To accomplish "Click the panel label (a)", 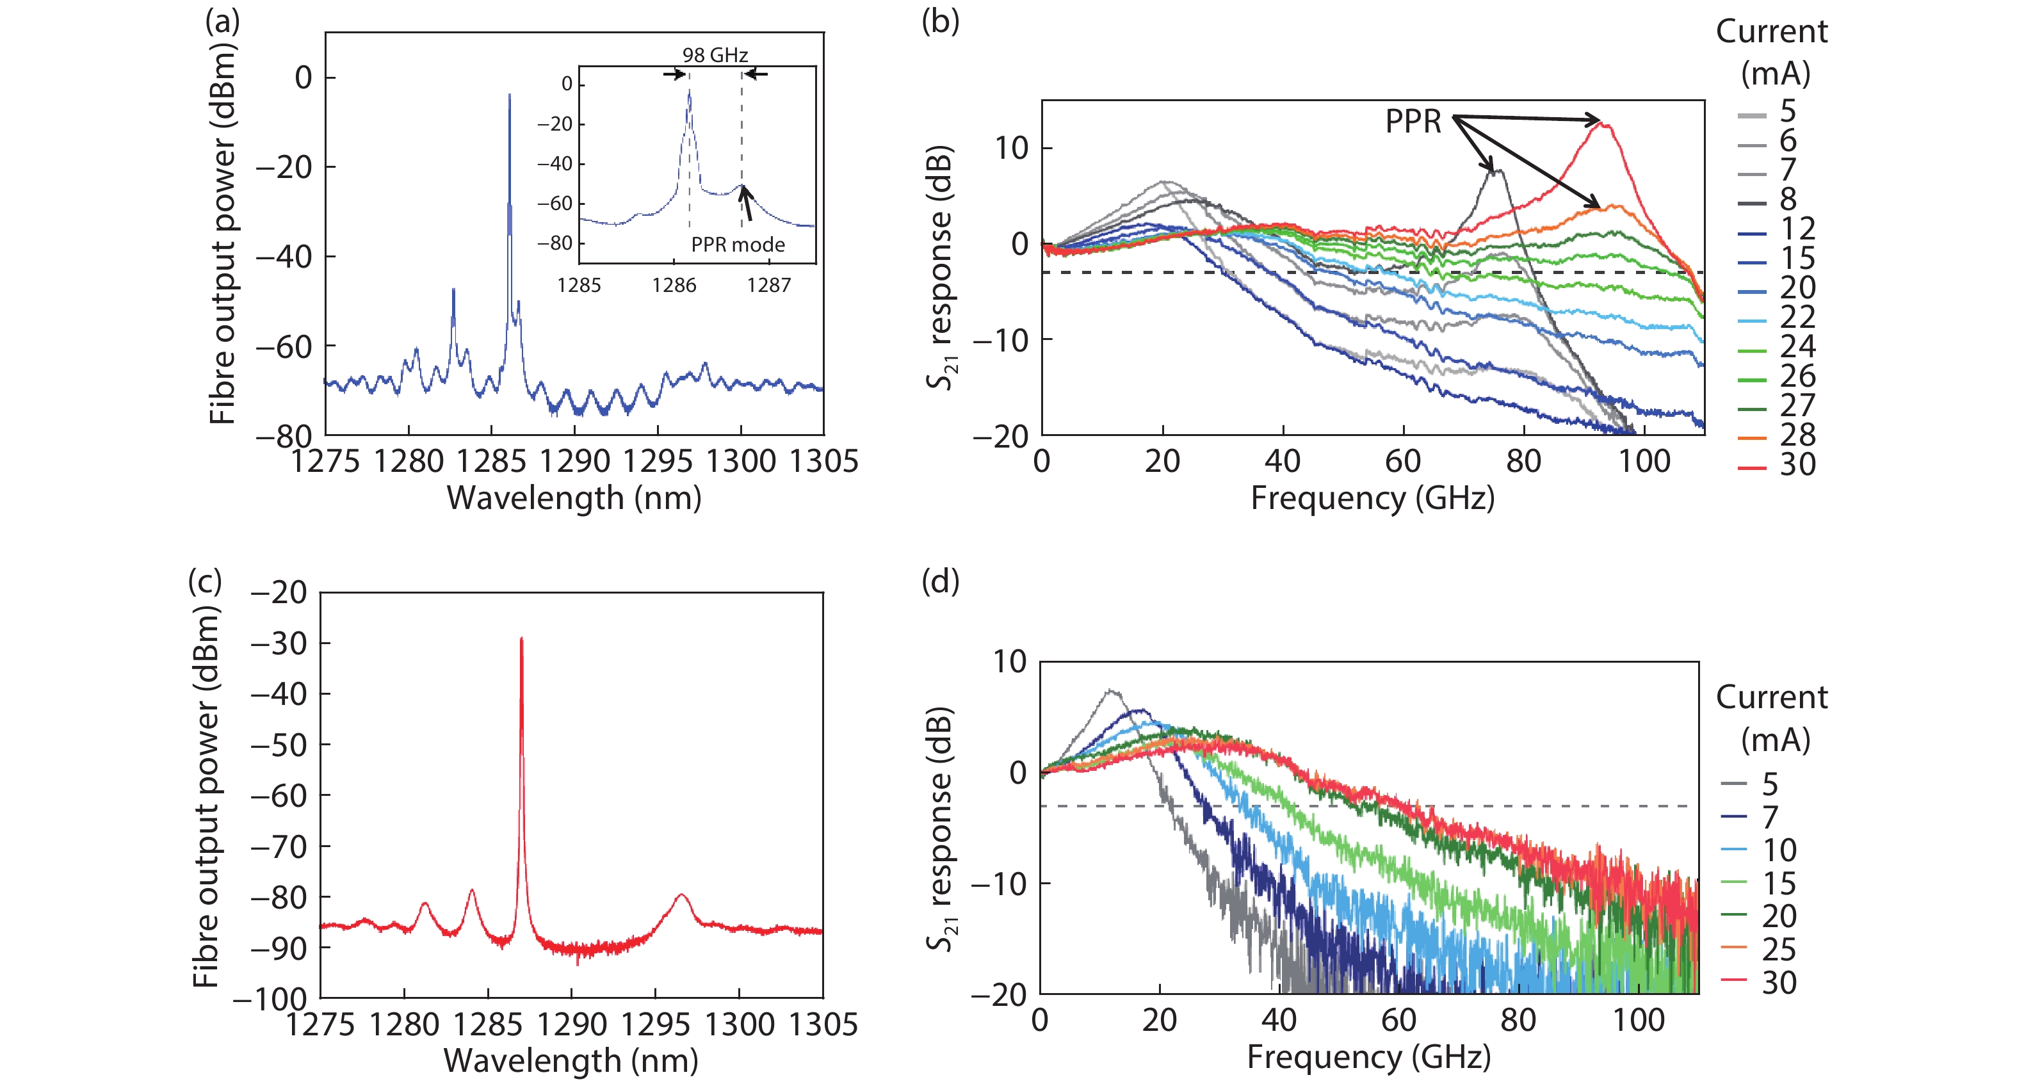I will click(x=222, y=22).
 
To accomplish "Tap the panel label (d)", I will click(x=941, y=581).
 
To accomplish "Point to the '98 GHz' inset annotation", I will click(x=715, y=55).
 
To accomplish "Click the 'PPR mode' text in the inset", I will click(x=738, y=245).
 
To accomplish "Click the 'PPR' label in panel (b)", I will click(x=1413, y=122).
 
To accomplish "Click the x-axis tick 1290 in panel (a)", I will click(x=575, y=462).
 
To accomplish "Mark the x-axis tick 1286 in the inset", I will click(x=674, y=285).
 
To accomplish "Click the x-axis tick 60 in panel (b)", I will click(x=1403, y=462).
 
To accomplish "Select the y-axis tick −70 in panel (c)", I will click(x=278, y=846).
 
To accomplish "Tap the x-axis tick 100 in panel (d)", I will click(x=1638, y=1021).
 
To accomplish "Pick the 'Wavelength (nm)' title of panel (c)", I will click(x=571, y=1060).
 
